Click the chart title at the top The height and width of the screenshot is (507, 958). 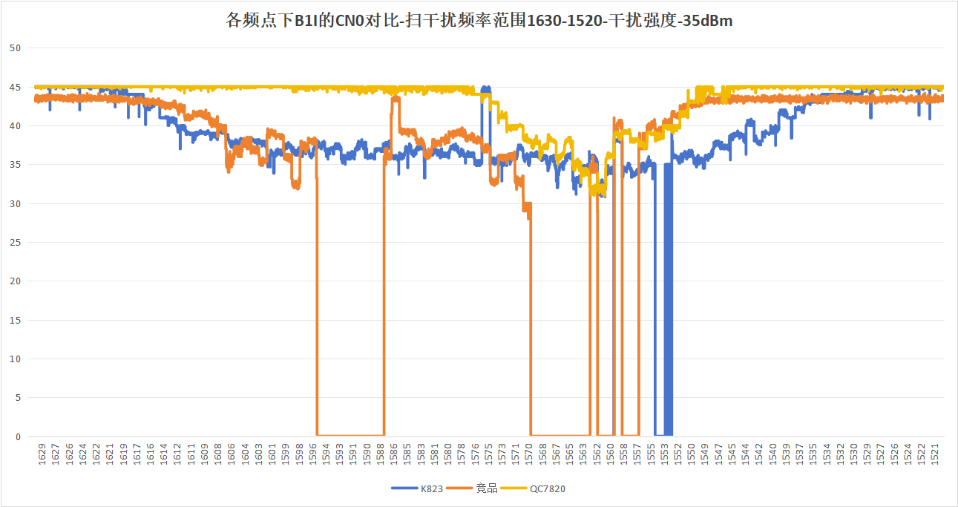pyautogui.click(x=479, y=21)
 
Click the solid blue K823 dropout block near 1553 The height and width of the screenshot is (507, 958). pyautogui.click(x=668, y=297)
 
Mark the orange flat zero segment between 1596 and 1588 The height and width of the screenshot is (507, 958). pyautogui.click(x=350, y=435)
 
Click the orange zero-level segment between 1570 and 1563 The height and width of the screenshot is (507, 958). pyautogui.click(x=560, y=435)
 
